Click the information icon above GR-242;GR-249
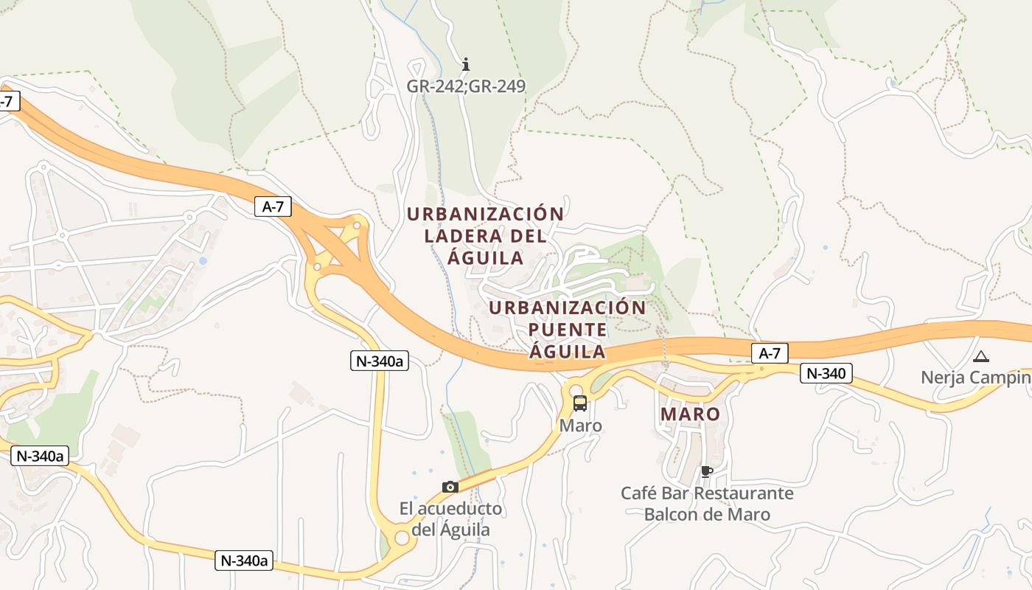[465, 64]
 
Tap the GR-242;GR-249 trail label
[466, 86]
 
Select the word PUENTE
[568, 330]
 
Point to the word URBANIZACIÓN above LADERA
[485, 214]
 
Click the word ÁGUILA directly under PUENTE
[568, 352]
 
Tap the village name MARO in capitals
[690, 414]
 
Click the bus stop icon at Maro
[580, 403]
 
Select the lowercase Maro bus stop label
[581, 426]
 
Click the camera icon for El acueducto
[450, 487]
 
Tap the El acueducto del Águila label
[450, 519]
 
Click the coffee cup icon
[707, 471]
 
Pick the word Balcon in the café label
[671, 514]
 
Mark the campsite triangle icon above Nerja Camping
[980, 357]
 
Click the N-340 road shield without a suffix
[826, 374]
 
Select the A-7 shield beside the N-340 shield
[769, 353]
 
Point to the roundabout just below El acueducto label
[402, 538]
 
